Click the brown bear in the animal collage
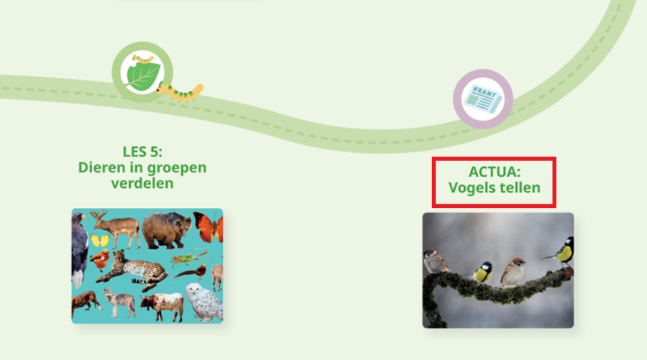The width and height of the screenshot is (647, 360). click(x=166, y=231)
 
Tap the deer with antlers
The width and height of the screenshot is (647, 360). click(x=117, y=229)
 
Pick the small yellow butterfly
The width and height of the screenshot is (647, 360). click(x=100, y=240)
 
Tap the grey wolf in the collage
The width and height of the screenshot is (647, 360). click(x=119, y=302)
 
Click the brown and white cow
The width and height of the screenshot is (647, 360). click(x=163, y=306)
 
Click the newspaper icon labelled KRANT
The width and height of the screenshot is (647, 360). click(x=483, y=99)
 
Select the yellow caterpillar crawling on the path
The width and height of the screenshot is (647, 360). click(x=179, y=91)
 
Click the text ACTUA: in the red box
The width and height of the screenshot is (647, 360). click(x=494, y=171)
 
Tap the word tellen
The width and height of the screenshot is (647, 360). click(x=521, y=188)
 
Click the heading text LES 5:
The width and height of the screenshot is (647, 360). click(x=142, y=151)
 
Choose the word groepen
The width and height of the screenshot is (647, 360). click(x=179, y=169)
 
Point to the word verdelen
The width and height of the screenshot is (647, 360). click(x=142, y=183)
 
